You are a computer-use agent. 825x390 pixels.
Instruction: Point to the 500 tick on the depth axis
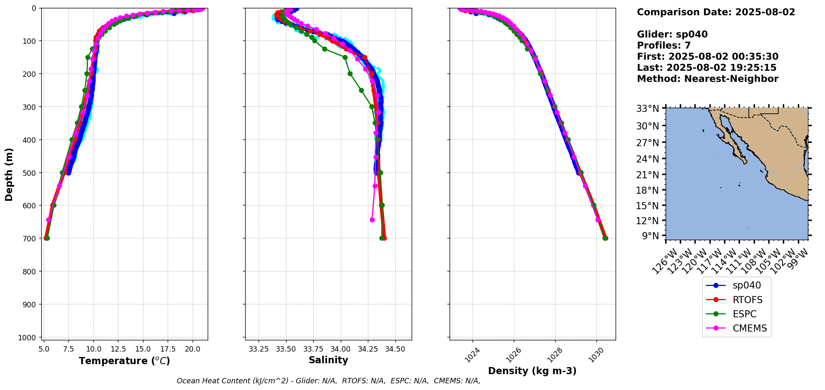[x=30, y=172]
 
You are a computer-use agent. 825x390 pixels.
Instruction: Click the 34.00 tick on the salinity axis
[x=340, y=348]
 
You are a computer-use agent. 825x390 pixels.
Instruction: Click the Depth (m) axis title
[x=9, y=174]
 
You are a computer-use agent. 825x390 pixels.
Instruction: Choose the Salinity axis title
[x=328, y=360]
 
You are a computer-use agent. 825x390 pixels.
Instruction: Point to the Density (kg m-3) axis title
[x=532, y=371]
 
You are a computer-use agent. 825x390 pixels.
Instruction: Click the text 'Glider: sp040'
[x=672, y=34]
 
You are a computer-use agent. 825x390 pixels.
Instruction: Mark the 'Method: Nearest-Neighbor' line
[x=707, y=79]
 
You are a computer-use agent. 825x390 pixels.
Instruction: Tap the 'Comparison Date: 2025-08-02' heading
[x=716, y=12]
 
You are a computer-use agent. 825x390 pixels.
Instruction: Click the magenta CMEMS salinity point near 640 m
[x=372, y=220]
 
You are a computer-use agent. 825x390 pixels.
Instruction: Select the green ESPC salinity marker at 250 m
[x=361, y=90]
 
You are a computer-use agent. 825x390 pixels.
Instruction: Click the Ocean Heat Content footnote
[x=328, y=381]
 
